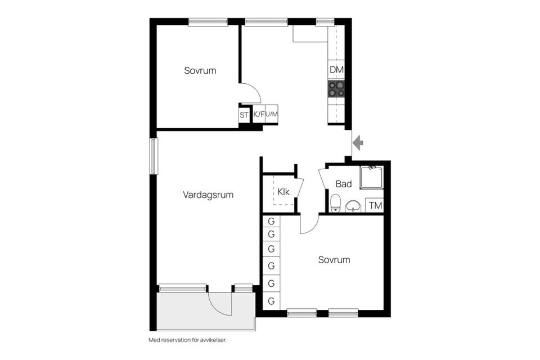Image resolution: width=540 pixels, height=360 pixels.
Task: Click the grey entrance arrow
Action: tap(358, 143)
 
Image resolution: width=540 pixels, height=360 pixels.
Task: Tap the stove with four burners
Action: tap(336, 88)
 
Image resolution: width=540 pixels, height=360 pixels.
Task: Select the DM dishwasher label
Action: tap(336, 70)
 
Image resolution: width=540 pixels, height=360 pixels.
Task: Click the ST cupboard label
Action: tap(244, 115)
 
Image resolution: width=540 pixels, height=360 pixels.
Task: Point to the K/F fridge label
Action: tap(259, 115)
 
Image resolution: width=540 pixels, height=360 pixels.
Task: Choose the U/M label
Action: tap(272, 115)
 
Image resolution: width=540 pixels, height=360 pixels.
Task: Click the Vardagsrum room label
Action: tap(208, 195)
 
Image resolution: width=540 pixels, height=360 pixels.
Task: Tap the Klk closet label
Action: tap(283, 191)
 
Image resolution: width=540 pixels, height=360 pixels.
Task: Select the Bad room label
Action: tap(344, 184)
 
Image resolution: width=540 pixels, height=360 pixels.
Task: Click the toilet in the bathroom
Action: tap(335, 202)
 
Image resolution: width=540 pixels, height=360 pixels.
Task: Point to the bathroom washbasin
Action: tap(353, 206)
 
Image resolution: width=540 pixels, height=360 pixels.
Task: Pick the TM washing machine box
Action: tap(375, 206)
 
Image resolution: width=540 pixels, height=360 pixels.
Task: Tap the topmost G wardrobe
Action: tap(271, 221)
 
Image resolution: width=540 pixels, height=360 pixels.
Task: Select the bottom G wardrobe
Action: tap(271, 301)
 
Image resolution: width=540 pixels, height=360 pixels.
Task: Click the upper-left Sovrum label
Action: tap(200, 71)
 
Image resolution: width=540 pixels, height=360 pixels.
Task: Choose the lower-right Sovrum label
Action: tap(334, 260)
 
